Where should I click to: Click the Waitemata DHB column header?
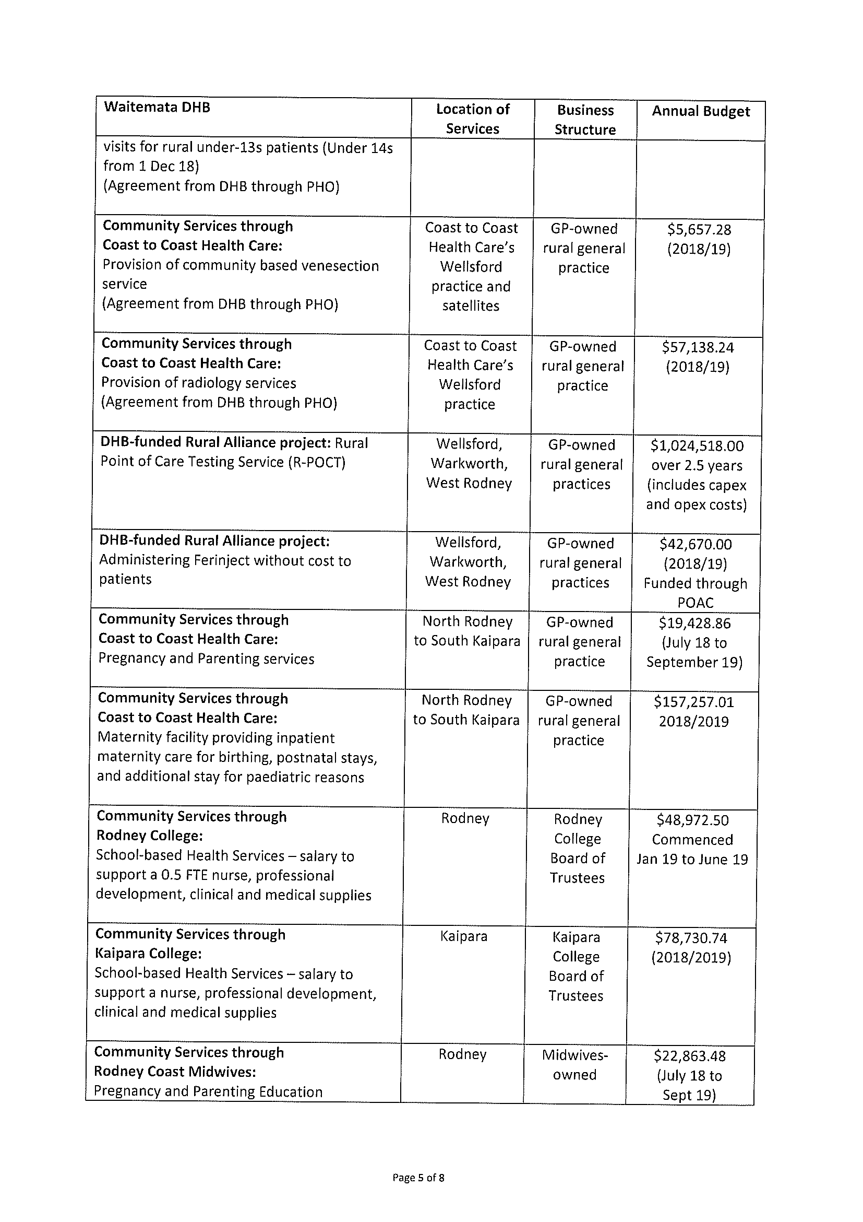coord(158,108)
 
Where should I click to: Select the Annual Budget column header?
coord(700,111)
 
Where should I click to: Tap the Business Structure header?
coord(585,120)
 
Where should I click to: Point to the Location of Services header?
coord(472,119)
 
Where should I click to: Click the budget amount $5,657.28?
coord(699,230)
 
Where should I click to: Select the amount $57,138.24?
coord(698,348)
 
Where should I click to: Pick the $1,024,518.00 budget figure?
coord(697,446)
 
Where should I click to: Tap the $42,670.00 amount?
coord(696,544)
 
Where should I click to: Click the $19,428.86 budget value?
coord(694,623)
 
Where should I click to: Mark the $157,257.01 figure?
coord(694,702)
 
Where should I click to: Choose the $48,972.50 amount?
coord(692,820)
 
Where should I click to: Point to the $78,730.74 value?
coord(691,938)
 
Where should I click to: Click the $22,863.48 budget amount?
coord(690,1056)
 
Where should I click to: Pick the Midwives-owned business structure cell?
coord(575,1064)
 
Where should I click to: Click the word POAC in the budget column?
coord(696,603)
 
